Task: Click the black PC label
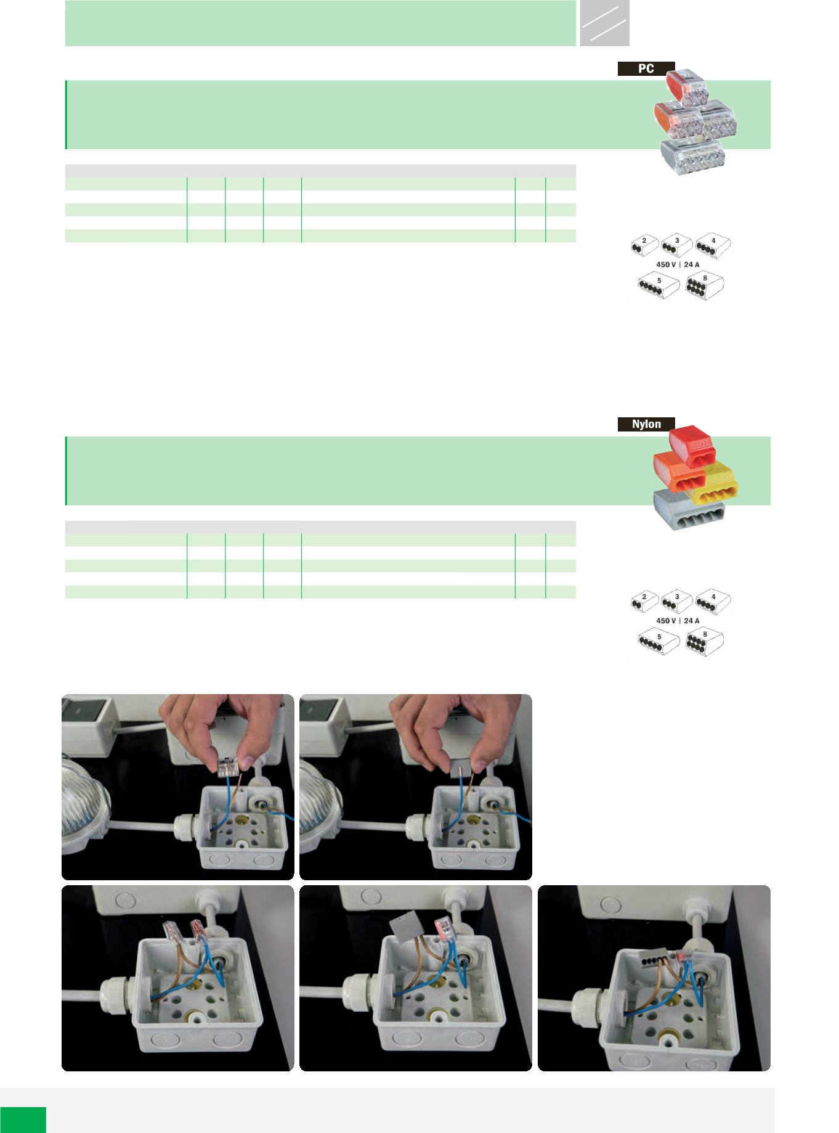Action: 646,68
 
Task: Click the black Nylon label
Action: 646,424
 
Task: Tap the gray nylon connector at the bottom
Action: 688,510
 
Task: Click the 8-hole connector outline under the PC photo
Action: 705,285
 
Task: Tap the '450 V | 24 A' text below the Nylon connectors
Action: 676,620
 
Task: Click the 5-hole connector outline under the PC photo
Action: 659,287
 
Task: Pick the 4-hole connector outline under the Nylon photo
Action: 713,602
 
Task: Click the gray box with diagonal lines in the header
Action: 604,23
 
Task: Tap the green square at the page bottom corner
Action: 23,1119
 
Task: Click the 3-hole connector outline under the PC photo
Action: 676,245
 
